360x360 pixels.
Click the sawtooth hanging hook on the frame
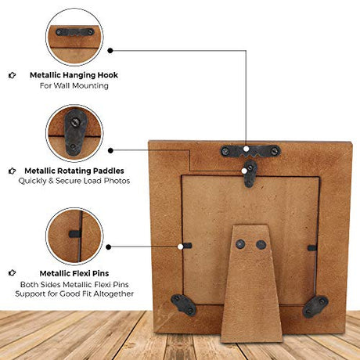pyautogui.click(x=250, y=151)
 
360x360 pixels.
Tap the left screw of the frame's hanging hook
pyautogui.click(x=225, y=151)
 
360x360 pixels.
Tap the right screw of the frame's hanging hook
pyautogui.click(x=275, y=150)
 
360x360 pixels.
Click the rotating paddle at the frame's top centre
pyautogui.click(x=250, y=174)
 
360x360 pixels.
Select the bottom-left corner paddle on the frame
pyautogui.click(x=184, y=305)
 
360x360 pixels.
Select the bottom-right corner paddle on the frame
pyautogui.click(x=315, y=306)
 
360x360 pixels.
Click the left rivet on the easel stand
pyautogui.click(x=240, y=244)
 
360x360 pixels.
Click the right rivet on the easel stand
pyautogui.click(x=261, y=245)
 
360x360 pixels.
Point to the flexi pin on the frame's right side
pyautogui.click(x=312, y=247)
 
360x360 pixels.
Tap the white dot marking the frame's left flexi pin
pyautogui.click(x=180, y=247)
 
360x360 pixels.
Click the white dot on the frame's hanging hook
pyautogui.click(x=247, y=149)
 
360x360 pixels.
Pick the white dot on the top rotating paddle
pyautogui.click(x=244, y=171)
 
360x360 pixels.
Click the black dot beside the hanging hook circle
pyautogui.click(x=110, y=51)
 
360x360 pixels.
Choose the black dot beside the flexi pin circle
pyautogui.click(x=109, y=247)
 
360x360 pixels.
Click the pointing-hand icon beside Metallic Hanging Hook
pyautogui.click(x=12, y=75)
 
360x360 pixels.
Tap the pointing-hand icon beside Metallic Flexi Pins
pyautogui.click(x=12, y=273)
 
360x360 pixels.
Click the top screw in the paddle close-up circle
pyautogui.click(x=76, y=121)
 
